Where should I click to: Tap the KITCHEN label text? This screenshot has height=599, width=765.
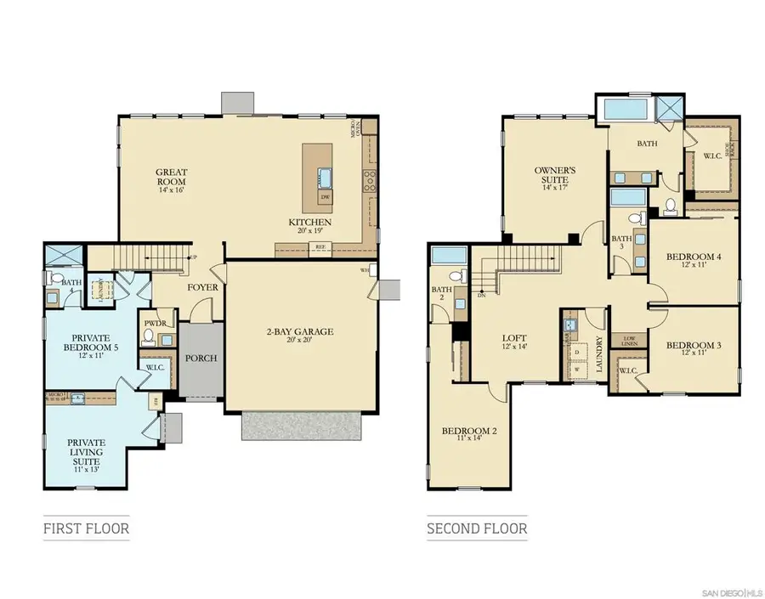click(x=309, y=223)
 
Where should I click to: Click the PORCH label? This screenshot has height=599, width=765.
click(x=201, y=358)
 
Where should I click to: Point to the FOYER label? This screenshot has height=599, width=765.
click(x=203, y=287)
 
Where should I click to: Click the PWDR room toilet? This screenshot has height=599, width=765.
click(x=150, y=338)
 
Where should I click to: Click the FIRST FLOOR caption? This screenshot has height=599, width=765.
click(x=86, y=528)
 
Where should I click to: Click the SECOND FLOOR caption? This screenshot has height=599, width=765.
click(x=476, y=528)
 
